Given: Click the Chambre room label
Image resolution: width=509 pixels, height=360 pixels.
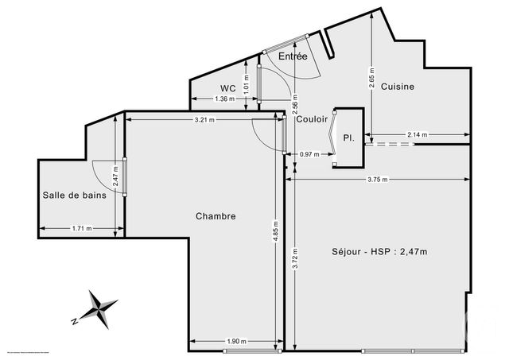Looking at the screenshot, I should (216, 215).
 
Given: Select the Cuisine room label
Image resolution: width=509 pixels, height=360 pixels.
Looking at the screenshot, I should (397, 87).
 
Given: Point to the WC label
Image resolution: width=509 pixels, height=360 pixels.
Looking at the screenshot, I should (228, 88).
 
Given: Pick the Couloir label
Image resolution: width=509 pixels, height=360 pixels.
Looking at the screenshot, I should (312, 120).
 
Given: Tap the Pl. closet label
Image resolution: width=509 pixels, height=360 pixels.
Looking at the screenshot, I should (348, 137).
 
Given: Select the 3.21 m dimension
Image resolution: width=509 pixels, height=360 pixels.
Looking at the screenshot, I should (205, 120).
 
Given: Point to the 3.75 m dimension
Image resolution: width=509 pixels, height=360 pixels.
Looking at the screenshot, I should (378, 180).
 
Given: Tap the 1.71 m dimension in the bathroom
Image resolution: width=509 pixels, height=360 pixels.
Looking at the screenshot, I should (81, 228).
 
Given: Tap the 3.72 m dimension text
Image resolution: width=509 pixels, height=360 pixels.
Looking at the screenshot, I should (294, 258).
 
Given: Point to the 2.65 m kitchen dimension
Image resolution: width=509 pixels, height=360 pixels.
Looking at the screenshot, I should (371, 79).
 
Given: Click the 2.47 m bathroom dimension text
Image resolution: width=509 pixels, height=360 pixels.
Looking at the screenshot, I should (115, 174).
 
